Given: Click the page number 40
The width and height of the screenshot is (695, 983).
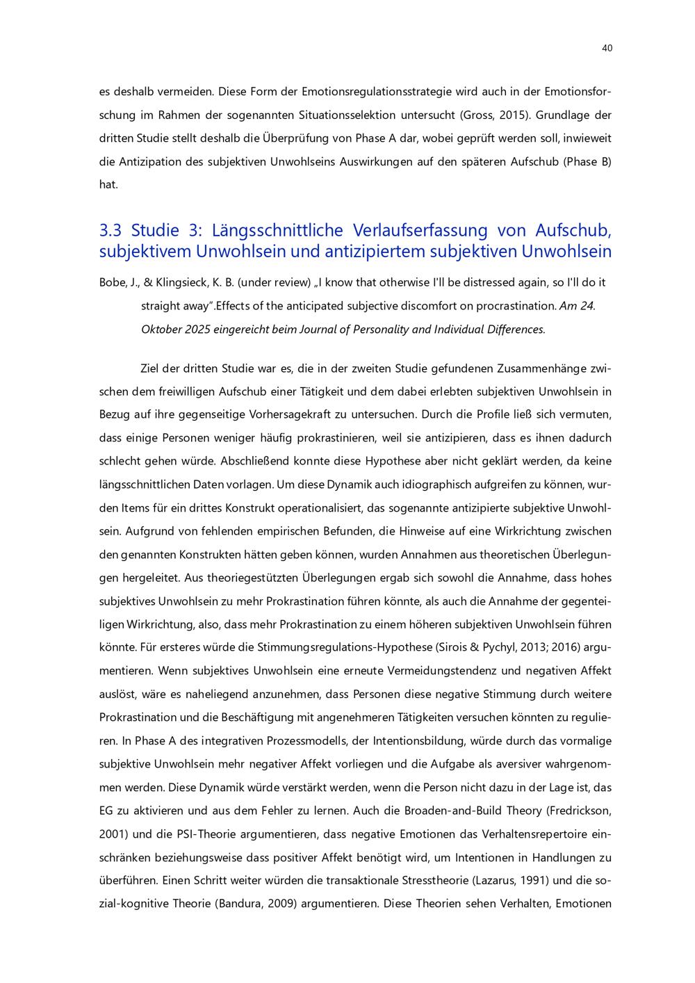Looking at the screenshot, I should pos(607,48).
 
